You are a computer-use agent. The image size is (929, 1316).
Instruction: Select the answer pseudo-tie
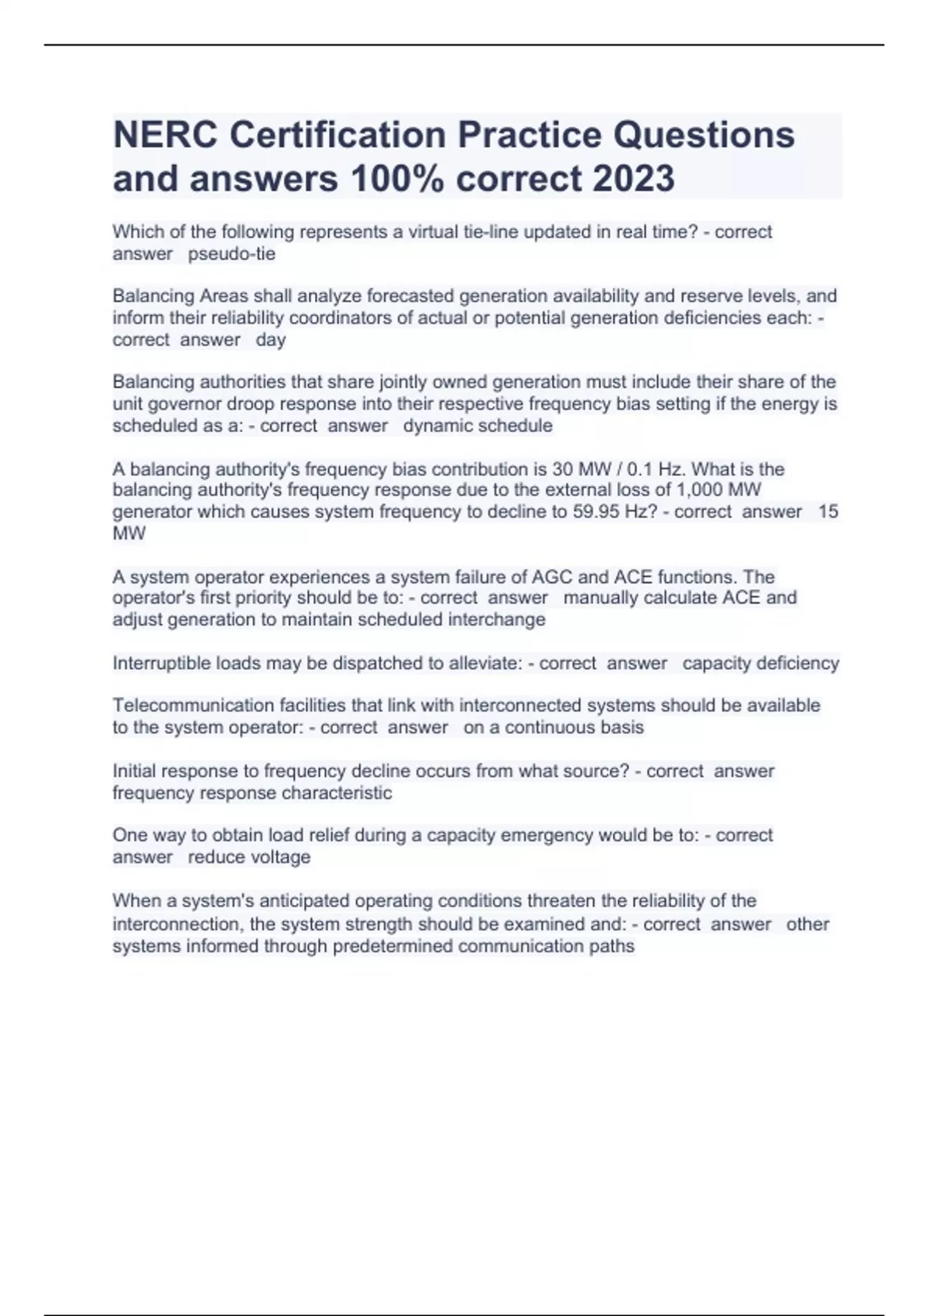[x=231, y=254]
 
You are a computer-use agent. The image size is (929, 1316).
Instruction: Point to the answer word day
[x=270, y=340]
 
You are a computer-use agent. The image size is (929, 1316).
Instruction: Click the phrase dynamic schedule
[x=478, y=426]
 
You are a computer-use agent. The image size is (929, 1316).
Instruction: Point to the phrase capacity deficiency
[x=760, y=663]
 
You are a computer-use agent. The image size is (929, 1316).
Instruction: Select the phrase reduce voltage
[x=249, y=858]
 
